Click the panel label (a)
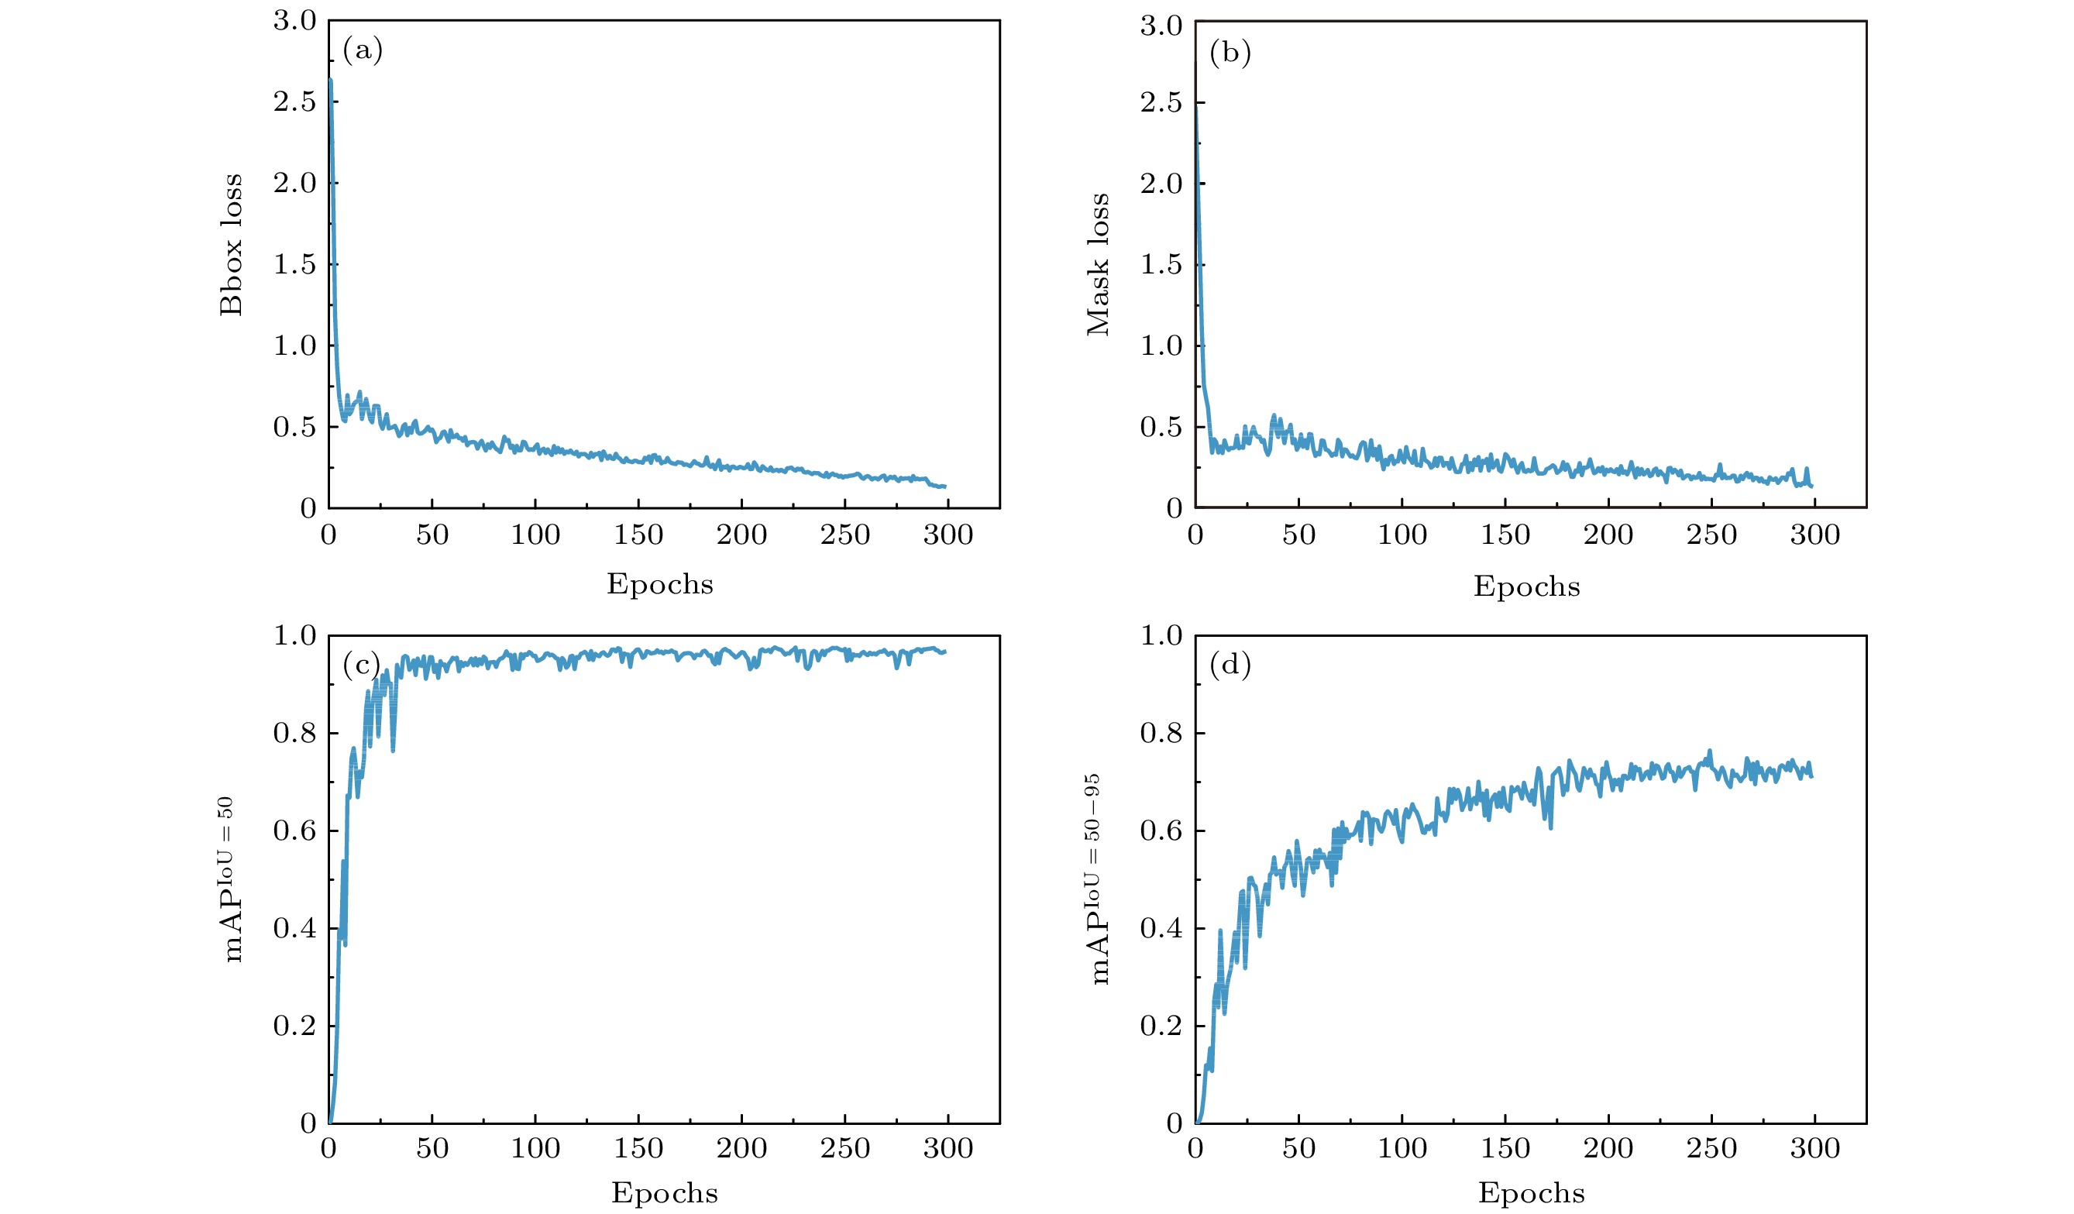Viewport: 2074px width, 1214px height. pos(362,51)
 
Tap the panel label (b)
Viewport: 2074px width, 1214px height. pos(1230,53)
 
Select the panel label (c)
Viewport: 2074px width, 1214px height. pos(361,665)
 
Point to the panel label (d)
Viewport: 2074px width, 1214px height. pos(1230,665)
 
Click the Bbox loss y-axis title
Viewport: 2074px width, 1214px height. pos(232,245)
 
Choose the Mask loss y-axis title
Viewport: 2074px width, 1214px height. pos(1098,264)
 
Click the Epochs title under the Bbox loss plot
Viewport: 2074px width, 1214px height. pos(660,584)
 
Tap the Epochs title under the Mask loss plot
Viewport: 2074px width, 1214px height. pos(1527,586)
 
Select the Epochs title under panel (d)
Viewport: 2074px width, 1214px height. pos(1531,1193)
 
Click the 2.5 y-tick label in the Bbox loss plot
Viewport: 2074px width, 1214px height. pos(294,102)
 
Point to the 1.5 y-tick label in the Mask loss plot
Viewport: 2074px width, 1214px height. pos(1161,264)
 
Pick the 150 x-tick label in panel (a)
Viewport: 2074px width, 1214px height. pos(638,536)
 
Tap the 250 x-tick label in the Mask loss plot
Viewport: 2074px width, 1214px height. pos(1711,536)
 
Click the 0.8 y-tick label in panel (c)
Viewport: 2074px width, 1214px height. pos(294,734)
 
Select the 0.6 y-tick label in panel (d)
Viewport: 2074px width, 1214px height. pos(1161,831)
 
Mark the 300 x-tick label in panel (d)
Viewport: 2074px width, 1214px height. pos(1814,1149)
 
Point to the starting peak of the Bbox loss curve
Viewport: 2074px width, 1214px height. pos(330,80)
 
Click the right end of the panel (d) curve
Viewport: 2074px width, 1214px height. pos(1811,776)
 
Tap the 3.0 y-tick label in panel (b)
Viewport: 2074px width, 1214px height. pos(1161,26)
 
